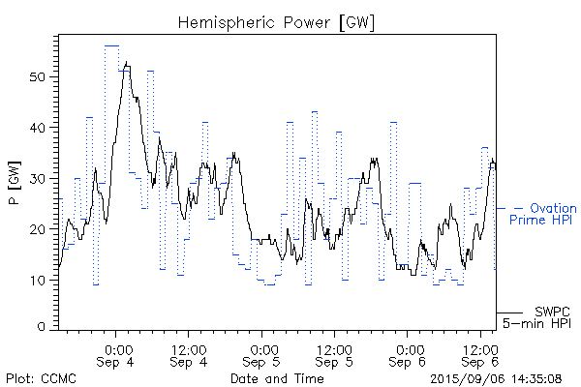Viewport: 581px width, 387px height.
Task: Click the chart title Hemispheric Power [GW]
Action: click(x=277, y=21)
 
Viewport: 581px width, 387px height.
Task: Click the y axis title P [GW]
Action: click(x=13, y=177)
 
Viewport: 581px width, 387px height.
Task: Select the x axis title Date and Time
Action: click(x=277, y=378)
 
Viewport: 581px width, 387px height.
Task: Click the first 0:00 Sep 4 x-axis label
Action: click(x=117, y=355)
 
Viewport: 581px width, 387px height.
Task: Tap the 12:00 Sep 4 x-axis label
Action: click(x=188, y=355)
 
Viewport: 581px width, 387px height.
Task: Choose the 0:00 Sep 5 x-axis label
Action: click(x=262, y=355)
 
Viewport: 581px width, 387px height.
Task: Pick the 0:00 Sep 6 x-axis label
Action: click(x=408, y=355)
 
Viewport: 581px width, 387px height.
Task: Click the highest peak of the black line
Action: click(x=127, y=62)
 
